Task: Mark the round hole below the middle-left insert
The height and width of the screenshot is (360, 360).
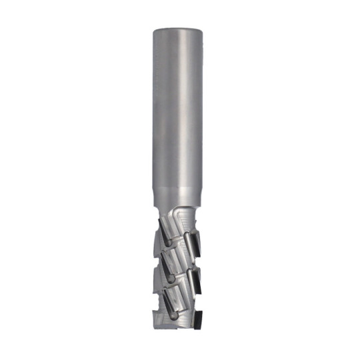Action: click(x=172, y=279)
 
